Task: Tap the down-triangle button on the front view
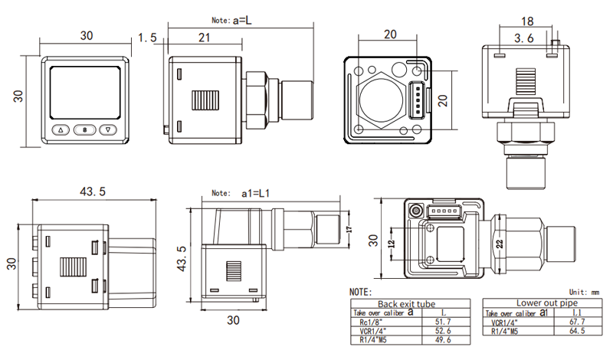pyautogui.click(x=109, y=129)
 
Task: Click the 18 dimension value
pyautogui.click(x=526, y=21)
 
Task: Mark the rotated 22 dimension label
pyautogui.click(x=498, y=244)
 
